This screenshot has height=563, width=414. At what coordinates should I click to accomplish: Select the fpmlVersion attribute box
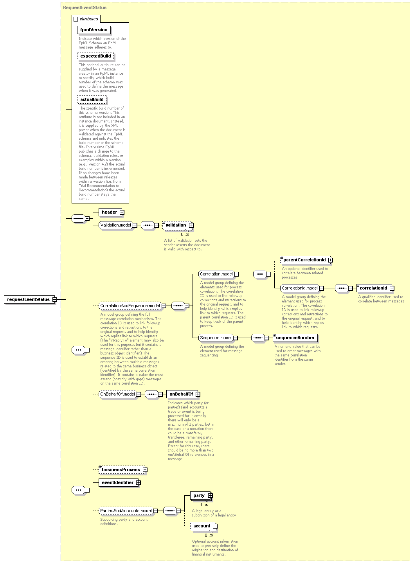(x=94, y=30)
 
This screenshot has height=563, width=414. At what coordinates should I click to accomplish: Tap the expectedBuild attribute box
(x=95, y=56)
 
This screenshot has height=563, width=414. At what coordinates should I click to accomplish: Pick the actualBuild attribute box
(x=92, y=99)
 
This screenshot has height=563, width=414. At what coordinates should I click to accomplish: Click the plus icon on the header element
(x=122, y=212)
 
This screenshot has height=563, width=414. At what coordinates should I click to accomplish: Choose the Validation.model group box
(x=115, y=225)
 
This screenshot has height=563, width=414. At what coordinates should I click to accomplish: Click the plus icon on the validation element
(x=191, y=225)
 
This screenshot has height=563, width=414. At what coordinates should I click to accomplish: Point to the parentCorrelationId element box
(x=305, y=260)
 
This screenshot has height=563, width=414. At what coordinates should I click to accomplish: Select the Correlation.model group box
(x=216, y=274)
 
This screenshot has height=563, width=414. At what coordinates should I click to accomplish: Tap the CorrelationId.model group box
(x=300, y=288)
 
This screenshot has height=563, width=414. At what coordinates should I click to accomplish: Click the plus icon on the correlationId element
(x=392, y=288)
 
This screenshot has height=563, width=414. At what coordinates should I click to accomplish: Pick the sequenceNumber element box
(x=295, y=338)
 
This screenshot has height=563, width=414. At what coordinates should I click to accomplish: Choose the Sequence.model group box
(x=216, y=338)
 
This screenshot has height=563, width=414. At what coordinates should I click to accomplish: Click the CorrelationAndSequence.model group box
(x=130, y=306)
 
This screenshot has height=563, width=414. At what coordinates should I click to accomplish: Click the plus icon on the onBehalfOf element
(x=198, y=394)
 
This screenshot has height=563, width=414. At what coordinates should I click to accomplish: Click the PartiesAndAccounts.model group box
(x=126, y=511)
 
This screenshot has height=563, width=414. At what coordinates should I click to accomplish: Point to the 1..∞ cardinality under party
(x=204, y=505)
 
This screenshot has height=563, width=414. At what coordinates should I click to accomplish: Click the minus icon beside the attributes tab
(x=76, y=19)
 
